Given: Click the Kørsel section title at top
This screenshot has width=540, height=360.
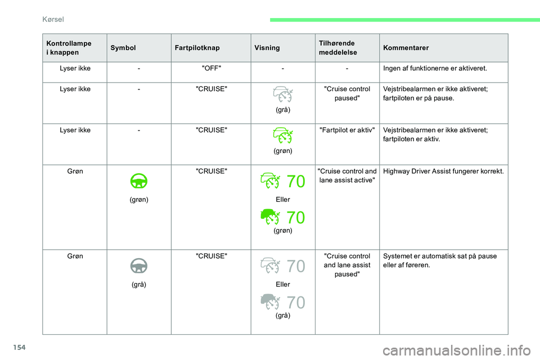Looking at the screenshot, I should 55,19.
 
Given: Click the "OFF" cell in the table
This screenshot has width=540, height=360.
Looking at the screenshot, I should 211,69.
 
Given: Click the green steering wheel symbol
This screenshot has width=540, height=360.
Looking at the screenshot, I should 138,181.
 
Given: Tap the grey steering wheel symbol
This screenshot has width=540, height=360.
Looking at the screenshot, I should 138,265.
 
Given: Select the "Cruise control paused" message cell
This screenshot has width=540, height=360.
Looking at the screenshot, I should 347,93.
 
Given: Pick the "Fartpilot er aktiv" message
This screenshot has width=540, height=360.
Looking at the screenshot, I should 347,131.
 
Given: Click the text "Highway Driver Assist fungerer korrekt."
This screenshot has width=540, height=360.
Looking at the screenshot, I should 443,170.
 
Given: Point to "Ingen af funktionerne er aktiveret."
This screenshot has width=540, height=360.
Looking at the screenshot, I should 435,69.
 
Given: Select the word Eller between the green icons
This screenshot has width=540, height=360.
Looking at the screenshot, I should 283,200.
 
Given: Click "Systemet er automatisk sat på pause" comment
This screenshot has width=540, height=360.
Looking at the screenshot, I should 439,256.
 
